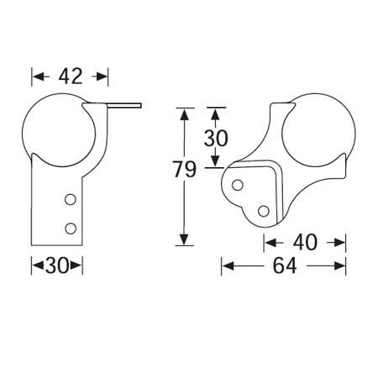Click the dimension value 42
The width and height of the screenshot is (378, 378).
click(x=71, y=76)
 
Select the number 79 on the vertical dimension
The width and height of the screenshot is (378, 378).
click(x=185, y=169)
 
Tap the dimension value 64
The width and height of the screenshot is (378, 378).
click(x=285, y=265)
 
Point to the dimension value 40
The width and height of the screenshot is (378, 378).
click(x=305, y=243)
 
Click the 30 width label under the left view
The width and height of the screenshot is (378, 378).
click(x=57, y=265)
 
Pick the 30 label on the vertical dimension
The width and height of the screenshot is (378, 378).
click(x=216, y=138)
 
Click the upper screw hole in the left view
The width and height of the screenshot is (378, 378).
click(x=71, y=199)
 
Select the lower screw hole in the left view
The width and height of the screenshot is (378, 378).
click(x=71, y=228)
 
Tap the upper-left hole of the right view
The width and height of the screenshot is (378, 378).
click(x=238, y=185)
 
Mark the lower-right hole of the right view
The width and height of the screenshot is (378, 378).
click(x=264, y=211)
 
